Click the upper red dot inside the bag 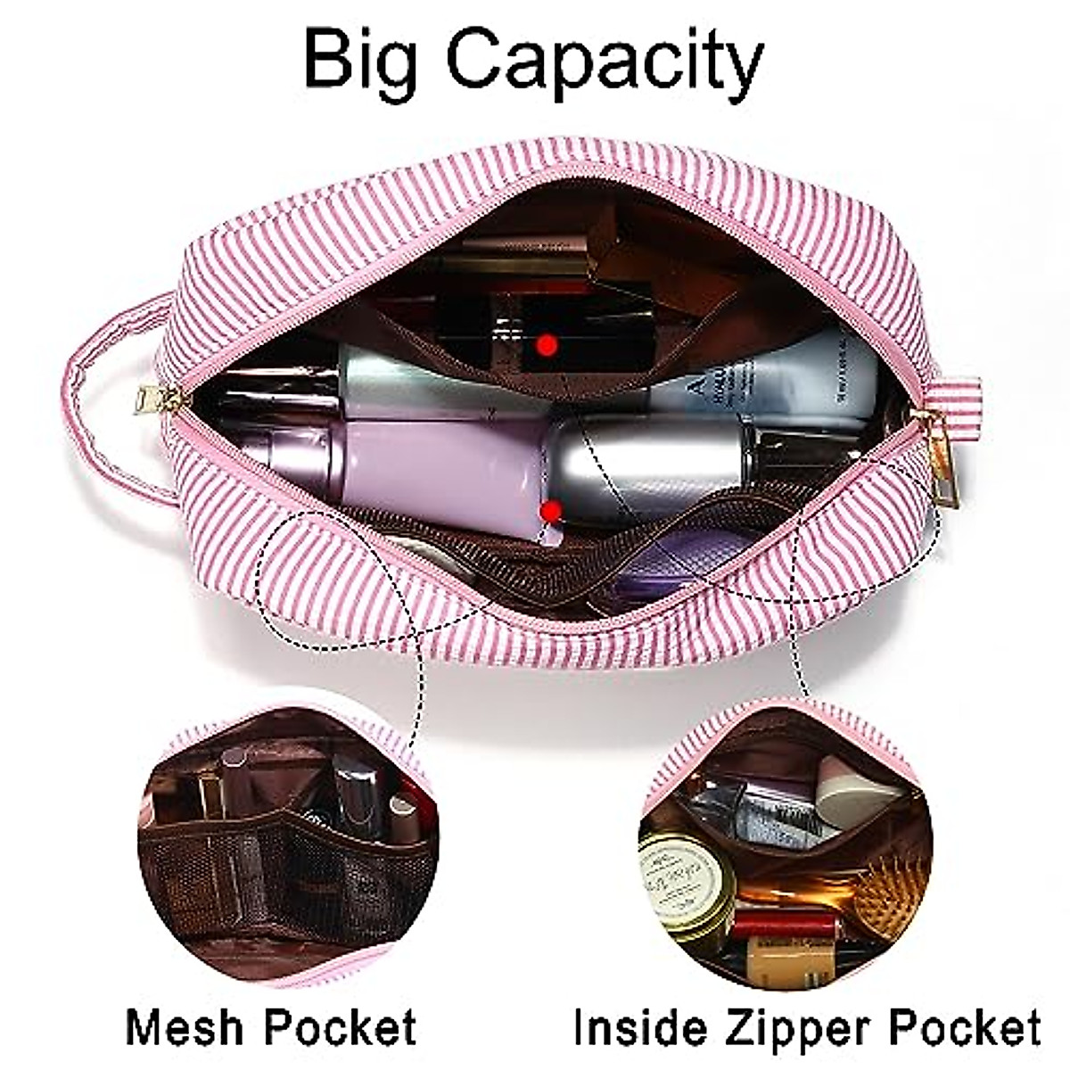(547, 343)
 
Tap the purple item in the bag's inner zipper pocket (660, 571)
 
